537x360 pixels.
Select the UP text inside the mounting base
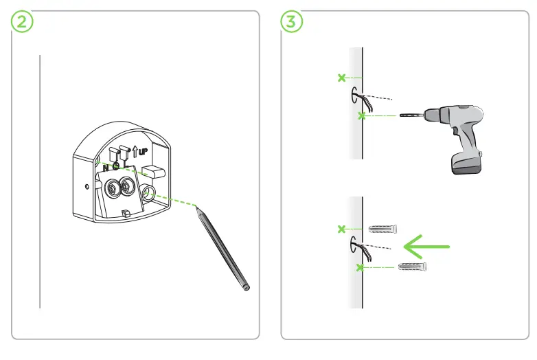143,150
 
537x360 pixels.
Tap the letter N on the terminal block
104,167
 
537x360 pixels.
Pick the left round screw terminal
110,186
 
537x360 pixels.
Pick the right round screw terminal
128,185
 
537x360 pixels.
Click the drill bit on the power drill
410,116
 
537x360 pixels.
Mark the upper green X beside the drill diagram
341,78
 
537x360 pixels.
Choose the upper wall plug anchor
383,228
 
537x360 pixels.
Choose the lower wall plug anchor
413,266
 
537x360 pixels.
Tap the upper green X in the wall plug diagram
341,228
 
